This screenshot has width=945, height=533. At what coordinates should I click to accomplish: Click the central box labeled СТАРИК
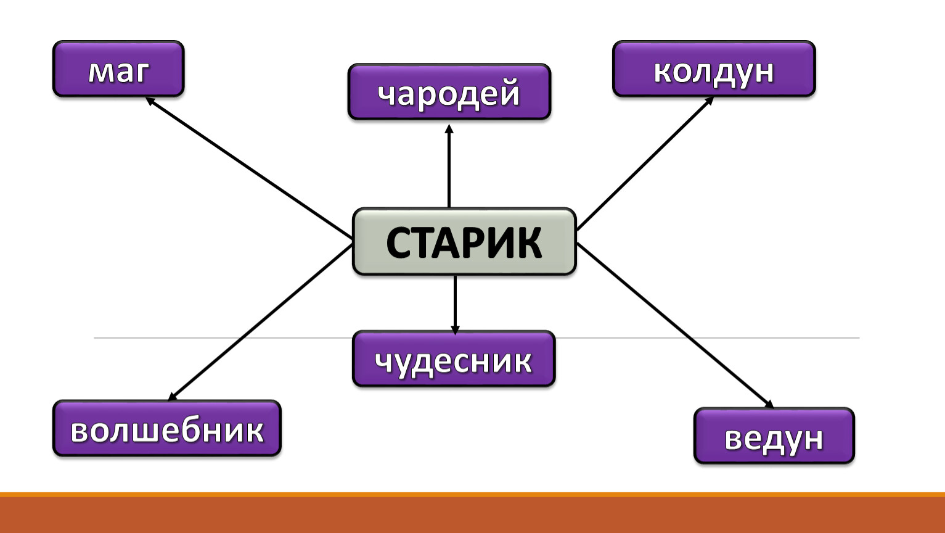[464, 242]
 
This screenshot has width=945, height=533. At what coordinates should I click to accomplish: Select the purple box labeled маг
[118, 69]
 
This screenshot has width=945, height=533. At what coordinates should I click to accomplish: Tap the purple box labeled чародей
[449, 92]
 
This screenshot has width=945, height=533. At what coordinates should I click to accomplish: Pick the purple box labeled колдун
[714, 69]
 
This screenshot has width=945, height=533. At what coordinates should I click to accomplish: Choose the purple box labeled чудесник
[454, 358]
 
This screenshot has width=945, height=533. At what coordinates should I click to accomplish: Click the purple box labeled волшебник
[167, 428]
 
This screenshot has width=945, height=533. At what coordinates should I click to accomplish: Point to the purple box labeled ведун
[774, 436]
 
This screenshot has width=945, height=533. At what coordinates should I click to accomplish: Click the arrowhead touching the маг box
[149, 101]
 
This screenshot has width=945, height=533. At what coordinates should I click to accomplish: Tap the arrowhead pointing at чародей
[449, 128]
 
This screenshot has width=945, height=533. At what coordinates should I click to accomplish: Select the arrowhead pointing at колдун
[710, 101]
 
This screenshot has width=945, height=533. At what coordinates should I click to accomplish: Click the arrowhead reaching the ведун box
[769, 404]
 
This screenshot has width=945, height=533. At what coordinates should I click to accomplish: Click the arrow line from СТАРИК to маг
[249, 168]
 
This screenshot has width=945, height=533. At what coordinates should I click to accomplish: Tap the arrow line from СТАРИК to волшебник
[260, 323]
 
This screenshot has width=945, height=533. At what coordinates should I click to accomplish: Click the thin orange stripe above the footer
[472, 495]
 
